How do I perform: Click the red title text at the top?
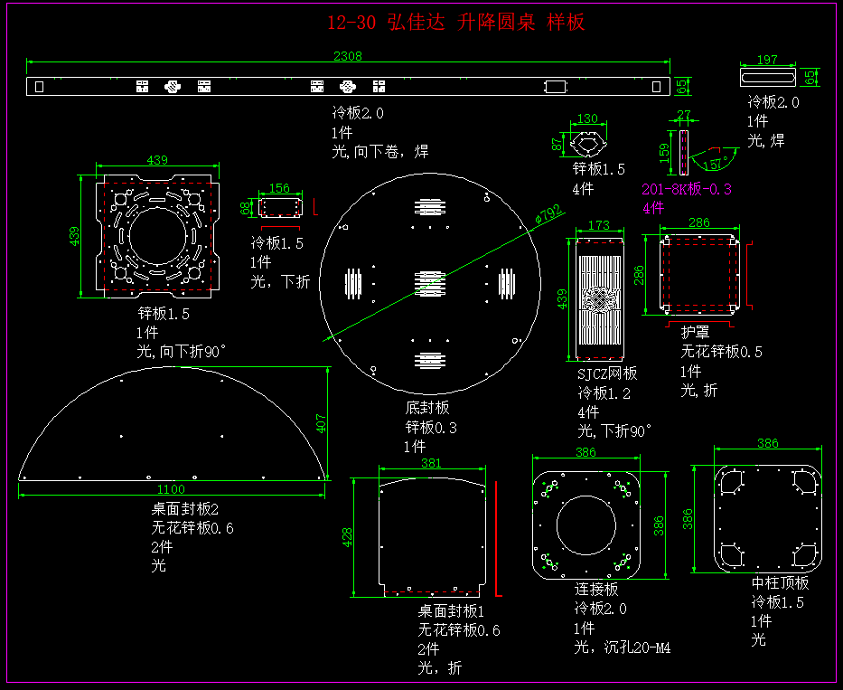pos(456,23)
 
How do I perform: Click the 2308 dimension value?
pos(348,56)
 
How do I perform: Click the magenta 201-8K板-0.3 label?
pos(687,190)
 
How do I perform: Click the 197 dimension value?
pos(766,61)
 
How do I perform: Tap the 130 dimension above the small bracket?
pos(587,118)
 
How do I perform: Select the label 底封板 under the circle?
pos(427,409)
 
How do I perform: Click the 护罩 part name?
pos(695,333)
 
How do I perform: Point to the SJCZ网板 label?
pos(607,373)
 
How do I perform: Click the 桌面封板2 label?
pos(184,509)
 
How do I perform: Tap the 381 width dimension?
pos(432,463)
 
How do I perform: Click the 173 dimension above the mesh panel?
pos(598,224)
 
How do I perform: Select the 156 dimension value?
pos(280,188)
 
